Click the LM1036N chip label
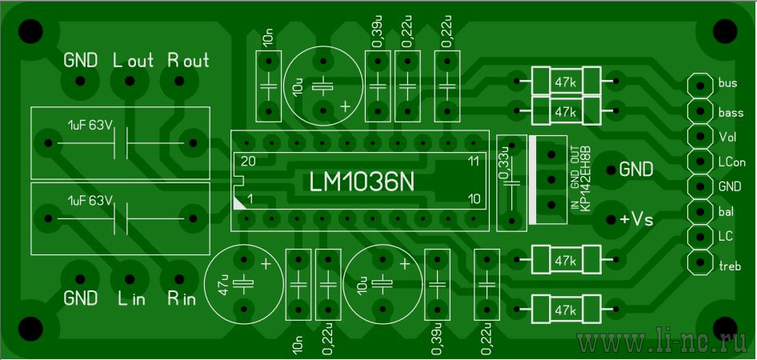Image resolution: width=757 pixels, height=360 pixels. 361,182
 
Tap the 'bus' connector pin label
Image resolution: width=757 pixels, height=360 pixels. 727,83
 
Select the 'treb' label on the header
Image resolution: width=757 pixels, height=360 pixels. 730,266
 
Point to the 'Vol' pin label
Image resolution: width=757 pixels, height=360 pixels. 727,137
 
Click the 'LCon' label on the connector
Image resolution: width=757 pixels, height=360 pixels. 732,162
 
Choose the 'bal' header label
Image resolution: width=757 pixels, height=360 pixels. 726,211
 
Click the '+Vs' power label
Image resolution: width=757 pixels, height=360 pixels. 636,219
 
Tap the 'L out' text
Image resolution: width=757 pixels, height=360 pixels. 134,60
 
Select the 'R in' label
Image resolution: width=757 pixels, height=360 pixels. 182,298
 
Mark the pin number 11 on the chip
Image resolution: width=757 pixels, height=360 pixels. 474,162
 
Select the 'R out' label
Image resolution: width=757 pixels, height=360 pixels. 188,60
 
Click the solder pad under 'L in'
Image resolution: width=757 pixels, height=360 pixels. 130,279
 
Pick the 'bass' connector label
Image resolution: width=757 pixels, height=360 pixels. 731,114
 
